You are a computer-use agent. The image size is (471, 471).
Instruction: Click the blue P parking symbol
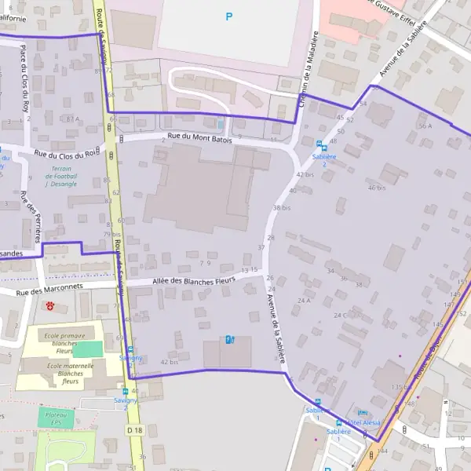[229, 16]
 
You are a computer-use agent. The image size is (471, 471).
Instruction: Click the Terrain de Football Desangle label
[60, 176]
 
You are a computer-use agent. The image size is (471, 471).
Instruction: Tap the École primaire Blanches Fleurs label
[63, 343]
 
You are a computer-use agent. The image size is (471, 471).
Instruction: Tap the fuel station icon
[229, 339]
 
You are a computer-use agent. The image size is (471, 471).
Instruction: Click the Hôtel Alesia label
[364, 422]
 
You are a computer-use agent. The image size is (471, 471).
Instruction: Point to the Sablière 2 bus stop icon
[319, 144]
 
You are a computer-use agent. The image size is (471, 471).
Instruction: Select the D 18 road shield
[135, 431]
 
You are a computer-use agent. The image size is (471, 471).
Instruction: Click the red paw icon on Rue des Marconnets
[51, 305]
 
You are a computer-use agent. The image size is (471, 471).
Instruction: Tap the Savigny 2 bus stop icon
[125, 391]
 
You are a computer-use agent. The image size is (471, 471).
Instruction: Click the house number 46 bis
[377, 188]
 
